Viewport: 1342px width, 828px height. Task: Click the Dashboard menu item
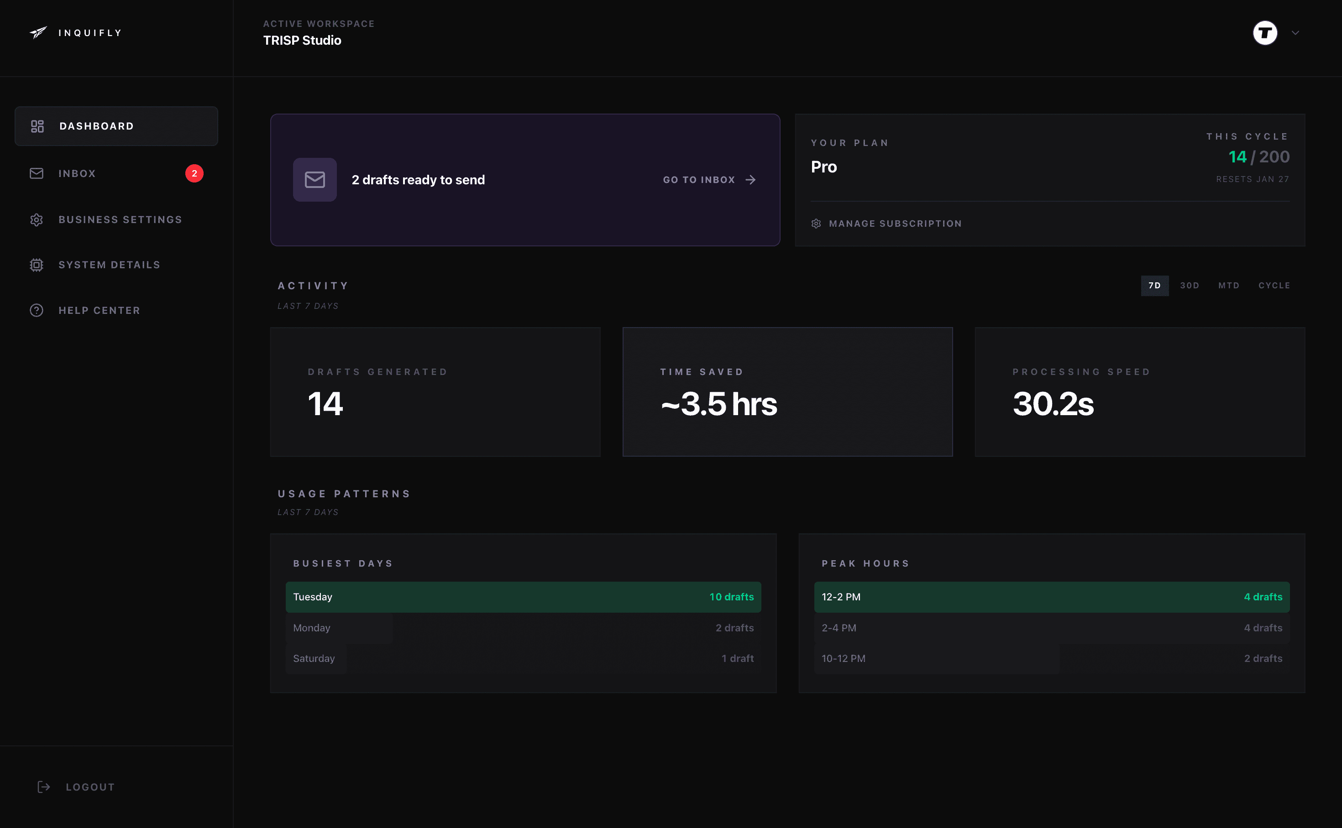pyautogui.click(x=116, y=126)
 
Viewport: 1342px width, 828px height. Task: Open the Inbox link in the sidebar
pyautogui.click(x=77, y=174)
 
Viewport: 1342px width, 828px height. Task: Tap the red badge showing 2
pyautogui.click(x=194, y=174)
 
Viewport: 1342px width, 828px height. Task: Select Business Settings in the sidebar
pyautogui.click(x=120, y=219)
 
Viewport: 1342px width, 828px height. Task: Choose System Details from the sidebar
pyautogui.click(x=109, y=265)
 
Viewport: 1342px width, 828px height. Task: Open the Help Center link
pyautogui.click(x=99, y=311)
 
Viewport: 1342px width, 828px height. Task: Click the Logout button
pyautogui.click(x=89, y=787)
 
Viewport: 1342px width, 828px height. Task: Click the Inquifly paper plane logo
pyautogui.click(x=38, y=33)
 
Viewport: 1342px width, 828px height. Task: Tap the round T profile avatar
pyautogui.click(x=1265, y=33)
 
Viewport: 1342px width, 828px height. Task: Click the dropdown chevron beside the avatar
pyautogui.click(x=1295, y=33)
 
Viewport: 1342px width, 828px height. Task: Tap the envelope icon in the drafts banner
pyautogui.click(x=315, y=180)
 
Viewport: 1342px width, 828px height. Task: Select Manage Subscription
pyautogui.click(x=895, y=224)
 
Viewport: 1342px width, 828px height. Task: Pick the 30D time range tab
pyautogui.click(x=1189, y=285)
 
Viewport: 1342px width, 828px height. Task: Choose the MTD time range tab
pyautogui.click(x=1229, y=285)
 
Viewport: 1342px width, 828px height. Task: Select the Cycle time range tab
pyautogui.click(x=1274, y=285)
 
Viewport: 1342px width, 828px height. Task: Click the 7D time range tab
pyautogui.click(x=1154, y=285)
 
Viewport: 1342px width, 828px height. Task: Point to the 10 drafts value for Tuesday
pyautogui.click(x=731, y=597)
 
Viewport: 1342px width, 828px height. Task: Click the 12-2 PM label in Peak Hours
pyautogui.click(x=841, y=597)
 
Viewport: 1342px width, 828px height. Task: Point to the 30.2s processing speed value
pyautogui.click(x=1053, y=404)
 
